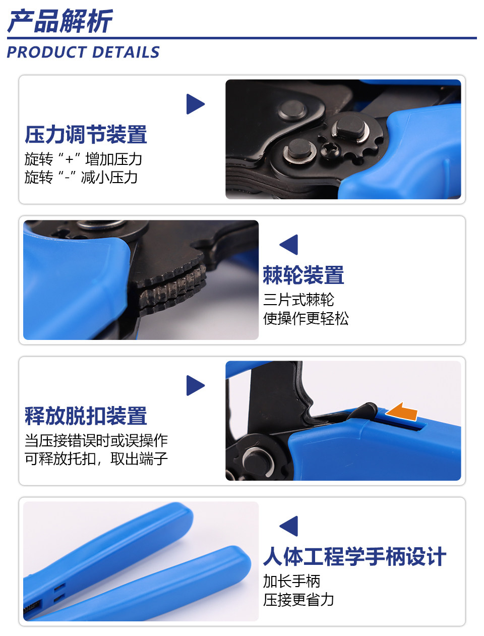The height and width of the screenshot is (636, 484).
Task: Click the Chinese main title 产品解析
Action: click(x=60, y=20)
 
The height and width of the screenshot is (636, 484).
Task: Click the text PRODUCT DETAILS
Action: click(x=83, y=52)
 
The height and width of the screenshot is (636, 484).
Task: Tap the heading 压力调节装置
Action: click(x=86, y=135)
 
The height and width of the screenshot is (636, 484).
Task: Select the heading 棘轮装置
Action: click(x=304, y=275)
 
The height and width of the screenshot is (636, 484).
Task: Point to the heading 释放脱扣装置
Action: click(x=86, y=416)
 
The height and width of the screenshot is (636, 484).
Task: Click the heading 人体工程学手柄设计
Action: click(x=354, y=556)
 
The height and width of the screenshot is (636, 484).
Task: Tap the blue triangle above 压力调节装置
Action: click(x=196, y=104)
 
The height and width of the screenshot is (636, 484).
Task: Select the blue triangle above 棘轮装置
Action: click(x=289, y=245)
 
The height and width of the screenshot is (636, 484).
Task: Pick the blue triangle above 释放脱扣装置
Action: click(x=196, y=385)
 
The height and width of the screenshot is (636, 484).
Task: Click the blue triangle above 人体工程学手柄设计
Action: click(x=289, y=526)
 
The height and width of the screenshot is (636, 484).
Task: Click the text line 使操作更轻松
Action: click(x=306, y=318)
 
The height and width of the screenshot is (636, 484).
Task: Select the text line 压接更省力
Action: click(x=298, y=600)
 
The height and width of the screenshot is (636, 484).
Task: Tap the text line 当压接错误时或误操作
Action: click(x=96, y=441)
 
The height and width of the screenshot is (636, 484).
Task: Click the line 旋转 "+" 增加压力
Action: click(x=83, y=159)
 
